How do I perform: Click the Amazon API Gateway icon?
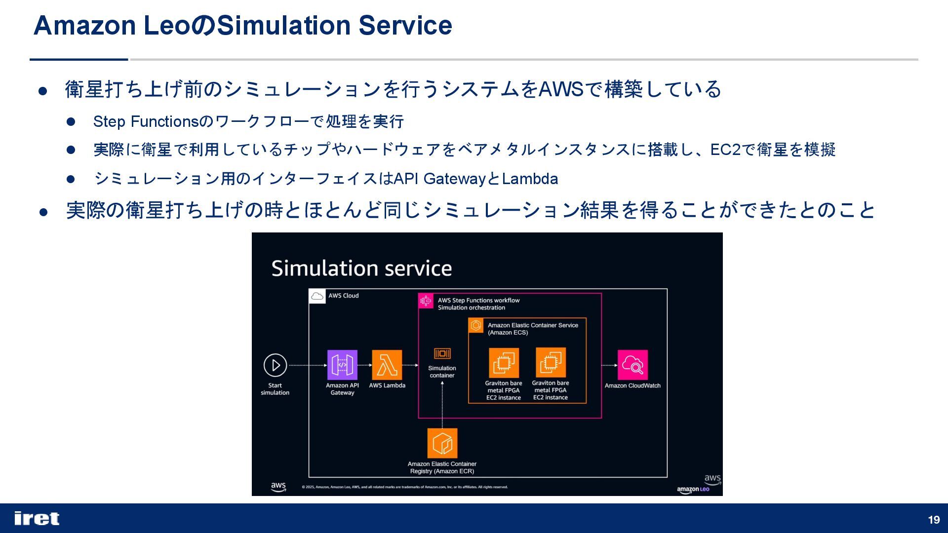[x=342, y=365]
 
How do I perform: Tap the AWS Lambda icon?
[x=387, y=365]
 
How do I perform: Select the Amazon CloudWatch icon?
[x=632, y=365]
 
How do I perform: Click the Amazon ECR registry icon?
[x=442, y=443]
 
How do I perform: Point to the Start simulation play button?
[x=275, y=365]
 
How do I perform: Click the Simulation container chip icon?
[x=442, y=353]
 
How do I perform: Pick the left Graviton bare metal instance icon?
[x=504, y=363]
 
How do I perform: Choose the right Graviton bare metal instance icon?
[x=551, y=362]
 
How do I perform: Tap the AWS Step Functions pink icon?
[x=426, y=301]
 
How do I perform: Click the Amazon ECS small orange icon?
[x=476, y=325]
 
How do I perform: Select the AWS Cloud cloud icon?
[x=317, y=296]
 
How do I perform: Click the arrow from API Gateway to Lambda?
[x=364, y=365]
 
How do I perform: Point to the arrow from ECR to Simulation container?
[x=442, y=405]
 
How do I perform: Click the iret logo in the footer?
[x=37, y=518]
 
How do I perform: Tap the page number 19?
[x=934, y=520]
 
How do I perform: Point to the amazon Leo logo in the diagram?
[x=693, y=490]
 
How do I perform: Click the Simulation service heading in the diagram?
[x=361, y=268]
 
